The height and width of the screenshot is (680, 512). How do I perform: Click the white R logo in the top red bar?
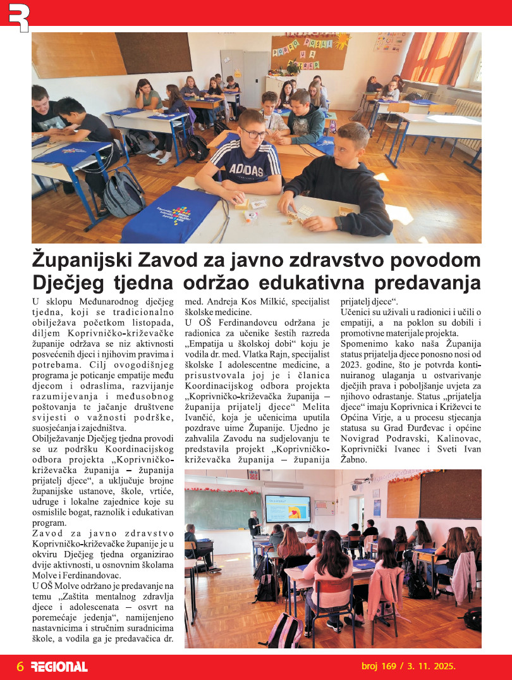(x=18, y=16)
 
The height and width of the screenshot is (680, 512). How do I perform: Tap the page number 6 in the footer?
(x=20, y=667)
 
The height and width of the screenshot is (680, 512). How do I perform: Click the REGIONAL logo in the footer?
(x=59, y=667)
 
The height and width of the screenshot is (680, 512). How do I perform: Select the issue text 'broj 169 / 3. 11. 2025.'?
(x=408, y=666)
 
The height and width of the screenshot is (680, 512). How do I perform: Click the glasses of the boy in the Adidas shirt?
(x=253, y=133)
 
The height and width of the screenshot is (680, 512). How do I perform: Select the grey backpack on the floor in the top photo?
(x=123, y=194)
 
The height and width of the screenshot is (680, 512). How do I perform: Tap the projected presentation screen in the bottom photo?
(x=288, y=509)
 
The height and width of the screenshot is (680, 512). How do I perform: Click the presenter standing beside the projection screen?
(x=254, y=522)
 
